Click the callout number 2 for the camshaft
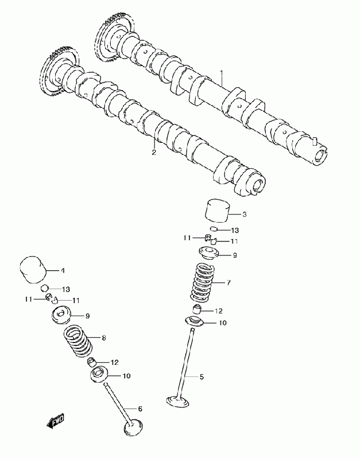coord(153,152)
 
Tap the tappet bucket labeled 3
coord(217,210)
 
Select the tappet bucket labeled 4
coord(32,270)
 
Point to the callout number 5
coord(202,377)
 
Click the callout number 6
coord(140,409)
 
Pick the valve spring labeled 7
coord(202,282)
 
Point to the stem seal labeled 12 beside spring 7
coord(197,311)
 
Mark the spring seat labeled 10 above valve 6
coord(99,376)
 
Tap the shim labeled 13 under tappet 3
coord(213,229)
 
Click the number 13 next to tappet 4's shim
coord(66,289)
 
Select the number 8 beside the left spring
coord(104,338)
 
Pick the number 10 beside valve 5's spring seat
coord(223,324)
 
